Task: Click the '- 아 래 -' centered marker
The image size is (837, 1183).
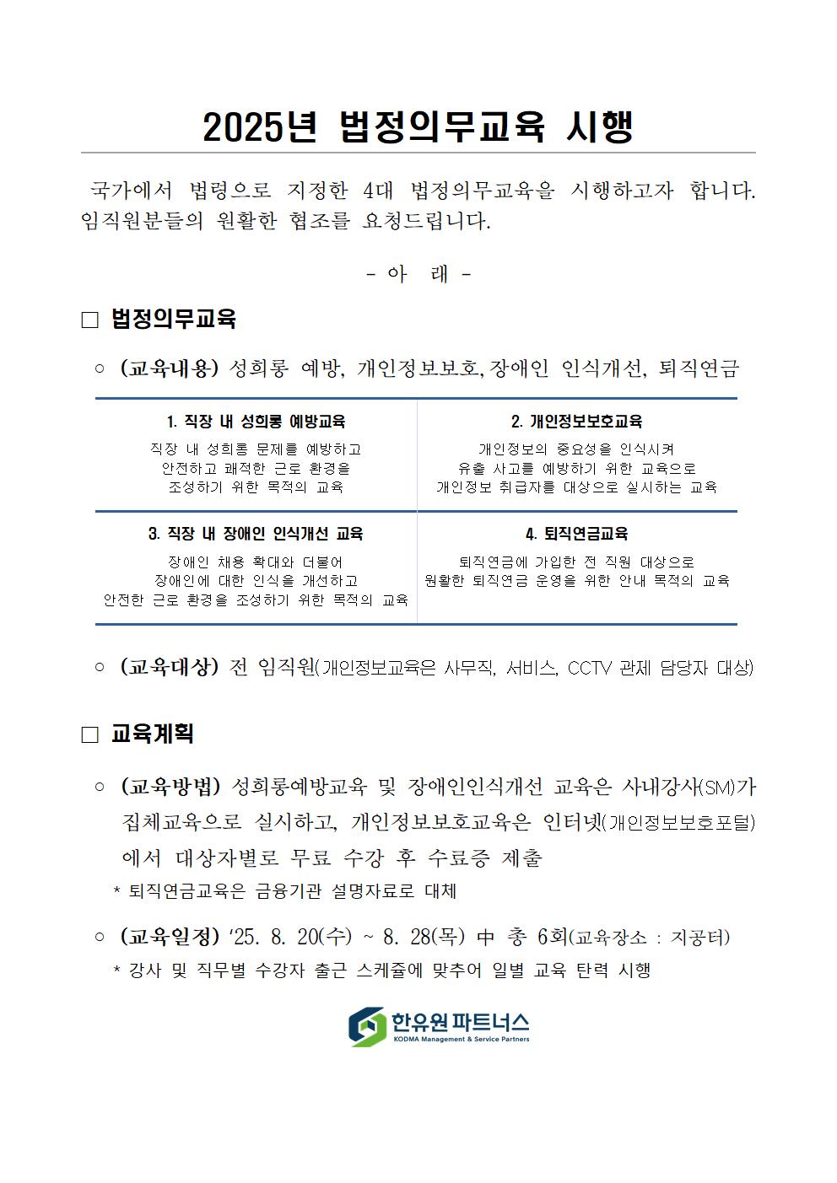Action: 418,274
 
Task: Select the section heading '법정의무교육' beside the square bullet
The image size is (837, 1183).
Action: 173,319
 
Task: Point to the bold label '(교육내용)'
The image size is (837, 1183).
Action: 170,368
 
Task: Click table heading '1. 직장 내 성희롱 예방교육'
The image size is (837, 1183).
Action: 256,422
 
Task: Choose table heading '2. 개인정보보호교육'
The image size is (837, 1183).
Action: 576,422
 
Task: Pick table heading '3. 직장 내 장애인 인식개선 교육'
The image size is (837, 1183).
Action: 256,534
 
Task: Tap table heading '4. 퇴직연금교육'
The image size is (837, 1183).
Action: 576,534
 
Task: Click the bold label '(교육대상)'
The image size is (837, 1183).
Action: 170,667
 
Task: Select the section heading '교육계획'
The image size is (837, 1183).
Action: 153,734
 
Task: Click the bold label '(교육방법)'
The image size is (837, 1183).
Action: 170,787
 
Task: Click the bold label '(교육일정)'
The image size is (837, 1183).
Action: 170,937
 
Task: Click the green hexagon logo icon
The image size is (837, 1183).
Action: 368,1026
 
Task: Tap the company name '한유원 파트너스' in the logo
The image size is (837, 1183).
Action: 460,1022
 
